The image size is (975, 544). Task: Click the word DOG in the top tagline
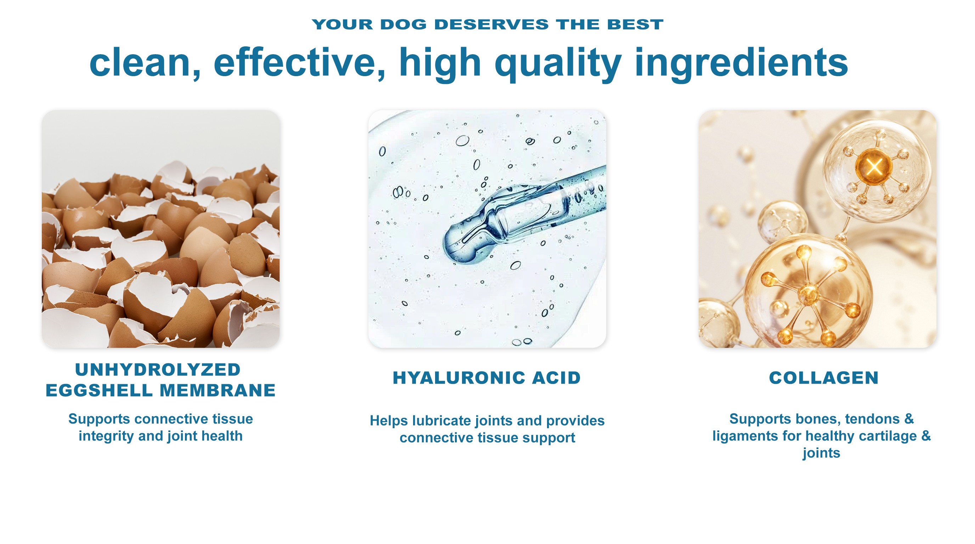tap(403, 24)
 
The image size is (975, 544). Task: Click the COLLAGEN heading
tap(824, 378)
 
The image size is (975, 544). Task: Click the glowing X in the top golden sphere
tap(874, 166)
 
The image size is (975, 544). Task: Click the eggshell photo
tap(161, 229)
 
